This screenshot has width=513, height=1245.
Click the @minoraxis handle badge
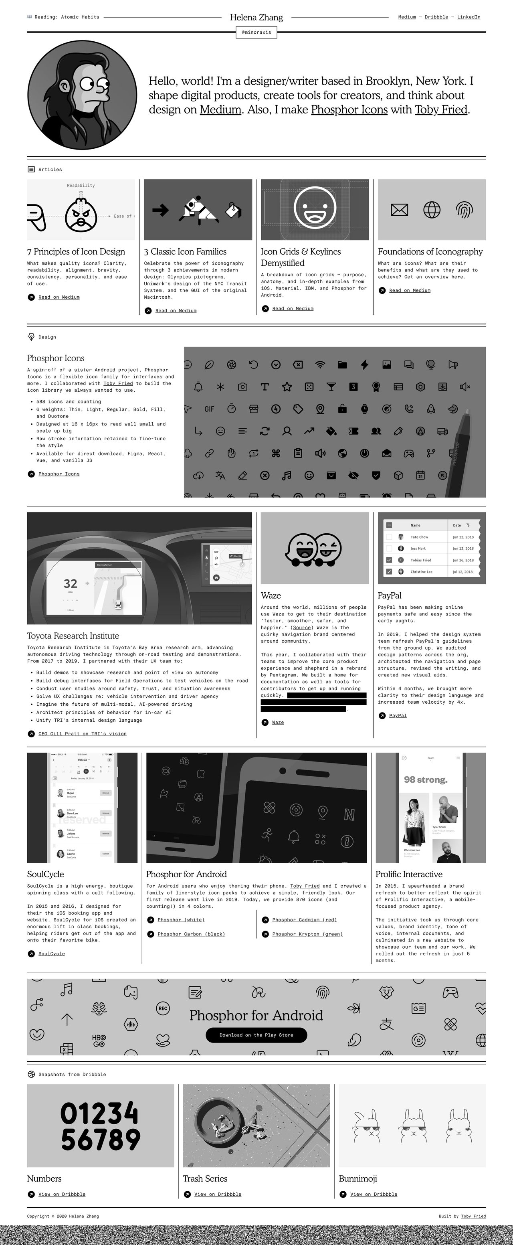coord(256,32)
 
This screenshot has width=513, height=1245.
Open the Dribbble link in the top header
coord(436,17)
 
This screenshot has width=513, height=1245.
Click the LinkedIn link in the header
coord(468,17)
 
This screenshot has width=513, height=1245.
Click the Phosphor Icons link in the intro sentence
coord(349,110)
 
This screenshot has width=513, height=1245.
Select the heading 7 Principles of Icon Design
coord(76,251)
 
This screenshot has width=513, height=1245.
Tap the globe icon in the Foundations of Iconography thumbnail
coord(431,210)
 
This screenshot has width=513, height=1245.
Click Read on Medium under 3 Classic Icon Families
coord(176,311)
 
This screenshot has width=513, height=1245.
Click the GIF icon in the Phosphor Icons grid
coord(209,409)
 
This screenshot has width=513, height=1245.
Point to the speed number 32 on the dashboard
coord(71,583)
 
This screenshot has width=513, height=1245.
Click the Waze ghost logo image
coord(314,549)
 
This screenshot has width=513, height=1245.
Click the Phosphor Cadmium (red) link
coord(304,920)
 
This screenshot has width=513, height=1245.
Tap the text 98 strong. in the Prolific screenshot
coord(425,779)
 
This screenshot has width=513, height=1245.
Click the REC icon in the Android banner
coord(163,1008)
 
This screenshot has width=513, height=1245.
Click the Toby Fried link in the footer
coord(473,1216)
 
